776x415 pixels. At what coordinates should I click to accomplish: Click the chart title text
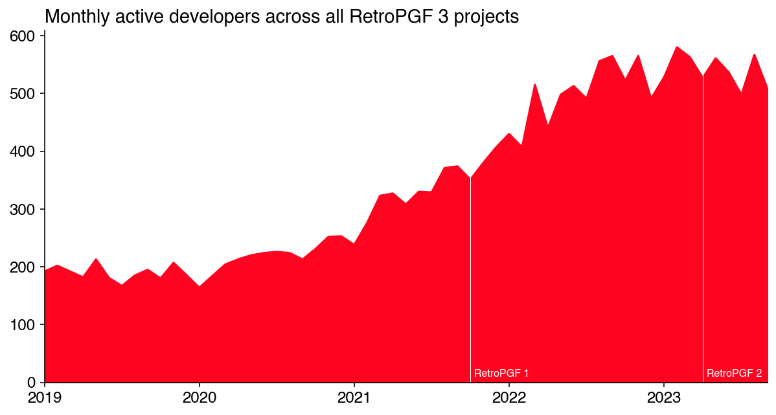[x=282, y=17]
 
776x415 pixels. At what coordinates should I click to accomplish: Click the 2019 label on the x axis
[x=45, y=396]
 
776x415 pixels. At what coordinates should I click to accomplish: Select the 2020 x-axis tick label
[x=200, y=396]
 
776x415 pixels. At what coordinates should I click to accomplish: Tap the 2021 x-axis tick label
[x=354, y=396]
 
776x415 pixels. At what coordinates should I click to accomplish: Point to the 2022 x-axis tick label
[x=509, y=396]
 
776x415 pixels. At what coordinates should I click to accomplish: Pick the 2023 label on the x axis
[x=664, y=396]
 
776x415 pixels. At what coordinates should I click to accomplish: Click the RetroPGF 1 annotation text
[x=501, y=374]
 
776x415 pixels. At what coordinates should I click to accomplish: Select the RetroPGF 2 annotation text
[x=734, y=374]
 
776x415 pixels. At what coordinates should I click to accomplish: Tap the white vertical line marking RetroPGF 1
[x=470, y=291]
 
